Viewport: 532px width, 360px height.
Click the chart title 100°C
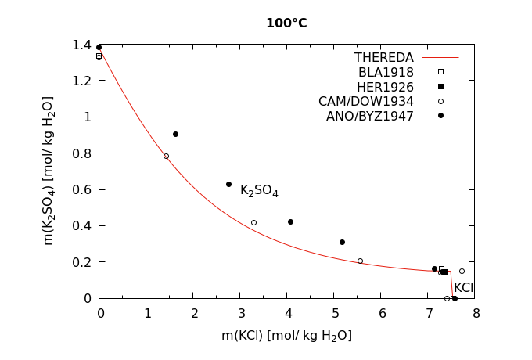[x=286, y=23]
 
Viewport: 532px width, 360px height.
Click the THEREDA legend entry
[x=383, y=58]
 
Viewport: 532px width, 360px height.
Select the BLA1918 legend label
[x=386, y=73]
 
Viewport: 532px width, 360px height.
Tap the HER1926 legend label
[x=385, y=87]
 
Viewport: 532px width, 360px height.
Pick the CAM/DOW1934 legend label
[x=365, y=102]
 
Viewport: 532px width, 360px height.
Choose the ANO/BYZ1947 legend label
[x=369, y=117]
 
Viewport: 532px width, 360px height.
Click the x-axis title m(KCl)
[x=286, y=336]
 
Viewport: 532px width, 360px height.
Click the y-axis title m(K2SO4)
[x=49, y=171]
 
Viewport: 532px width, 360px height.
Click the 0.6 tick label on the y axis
[x=82, y=189]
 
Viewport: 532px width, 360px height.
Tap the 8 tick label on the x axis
[x=476, y=314]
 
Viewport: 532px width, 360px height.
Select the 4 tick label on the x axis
[x=288, y=314]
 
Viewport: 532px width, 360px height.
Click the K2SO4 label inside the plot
[x=259, y=190]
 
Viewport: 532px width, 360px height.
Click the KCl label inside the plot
[x=463, y=288]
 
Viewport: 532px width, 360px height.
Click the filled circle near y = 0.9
[x=175, y=134]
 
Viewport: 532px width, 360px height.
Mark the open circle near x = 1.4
[x=166, y=156]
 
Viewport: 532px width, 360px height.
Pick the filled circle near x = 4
[x=290, y=221]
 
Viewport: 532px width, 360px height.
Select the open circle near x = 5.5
[x=360, y=261]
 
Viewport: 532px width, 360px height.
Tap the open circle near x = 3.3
[x=253, y=222]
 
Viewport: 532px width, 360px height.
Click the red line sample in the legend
[x=440, y=58]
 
